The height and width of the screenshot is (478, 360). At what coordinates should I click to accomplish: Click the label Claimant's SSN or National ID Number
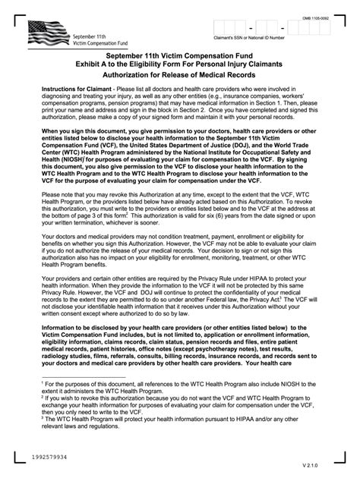pos(258,38)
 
